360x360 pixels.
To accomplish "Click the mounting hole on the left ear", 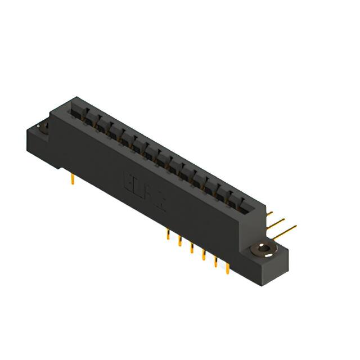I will pyautogui.click(x=42, y=128).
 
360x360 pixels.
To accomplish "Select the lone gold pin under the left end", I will pyautogui.click(x=73, y=179).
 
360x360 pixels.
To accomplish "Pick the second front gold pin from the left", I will pyautogui.click(x=179, y=242).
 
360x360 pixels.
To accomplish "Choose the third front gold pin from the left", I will pyautogui.click(x=191, y=249).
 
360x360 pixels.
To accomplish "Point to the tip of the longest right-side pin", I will pyautogui.click(x=295, y=227).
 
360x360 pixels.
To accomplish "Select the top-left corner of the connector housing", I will pyautogui.click(x=52, y=112).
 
